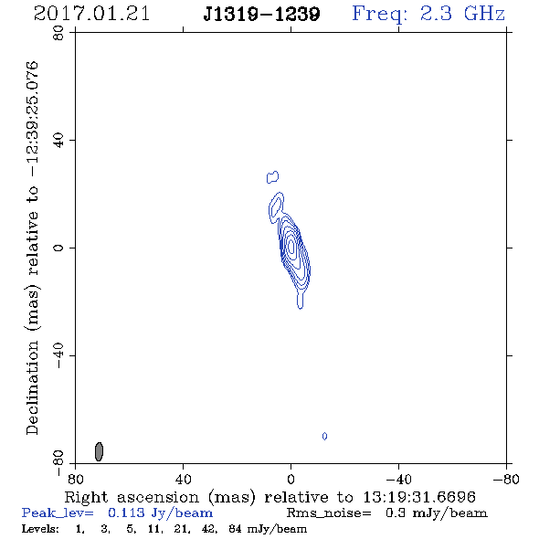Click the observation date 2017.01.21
[91, 14]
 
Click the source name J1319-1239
[261, 15]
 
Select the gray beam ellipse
[99, 451]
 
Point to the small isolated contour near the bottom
[324, 436]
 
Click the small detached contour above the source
[272, 176]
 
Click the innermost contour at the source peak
[291, 247]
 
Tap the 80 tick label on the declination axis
[58, 33]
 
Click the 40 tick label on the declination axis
[58, 141]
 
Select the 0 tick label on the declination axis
[58, 248]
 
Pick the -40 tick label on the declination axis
[58, 355]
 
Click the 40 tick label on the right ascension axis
[183, 480]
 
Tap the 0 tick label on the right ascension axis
[291, 480]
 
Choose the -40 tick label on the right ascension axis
[398, 480]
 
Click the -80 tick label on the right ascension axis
[506, 480]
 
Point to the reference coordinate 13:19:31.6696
[419, 497]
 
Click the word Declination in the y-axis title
[32, 387]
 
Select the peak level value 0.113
[126, 513]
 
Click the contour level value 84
[236, 528]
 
